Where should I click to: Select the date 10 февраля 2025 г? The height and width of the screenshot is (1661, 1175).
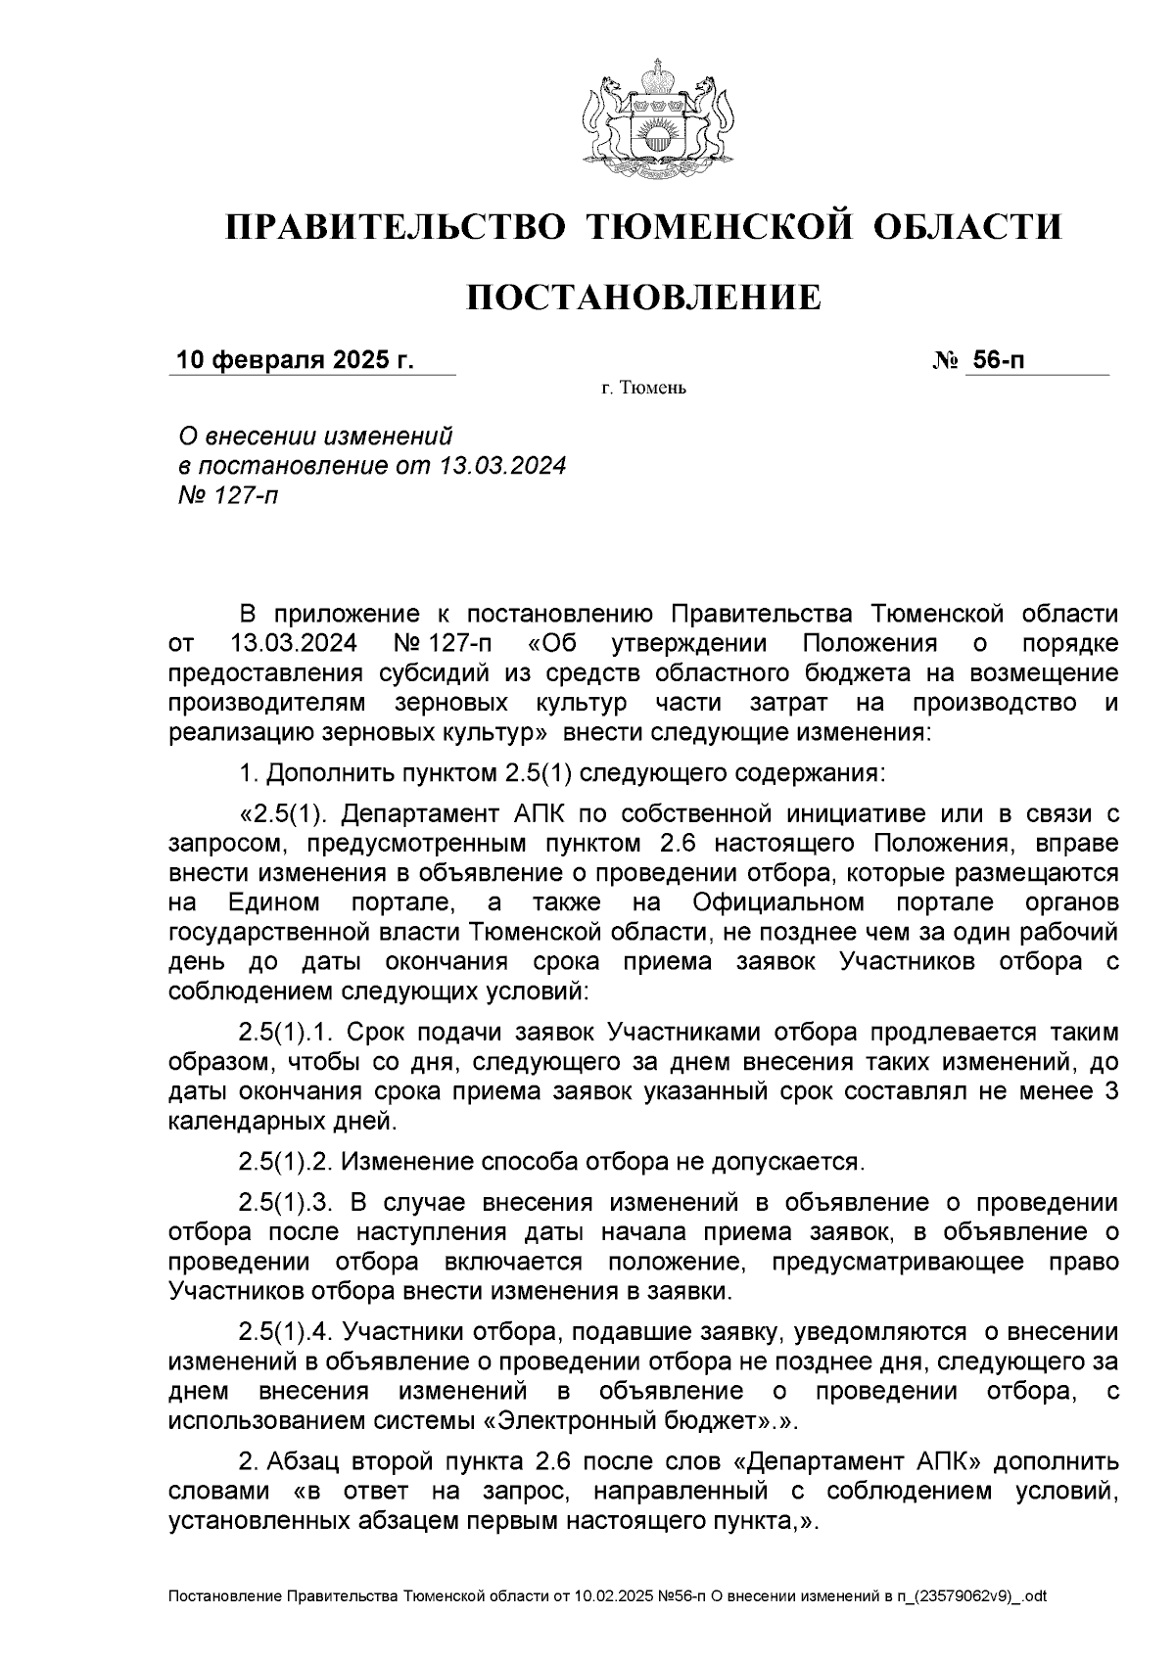pos(294,360)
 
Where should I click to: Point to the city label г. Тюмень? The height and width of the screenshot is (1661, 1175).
pos(643,390)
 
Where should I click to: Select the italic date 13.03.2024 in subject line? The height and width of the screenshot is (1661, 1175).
pos(503,465)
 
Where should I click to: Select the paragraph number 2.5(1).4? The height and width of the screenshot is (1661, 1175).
pos(287,1332)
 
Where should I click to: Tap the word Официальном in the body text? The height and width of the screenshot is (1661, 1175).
pos(778,901)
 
